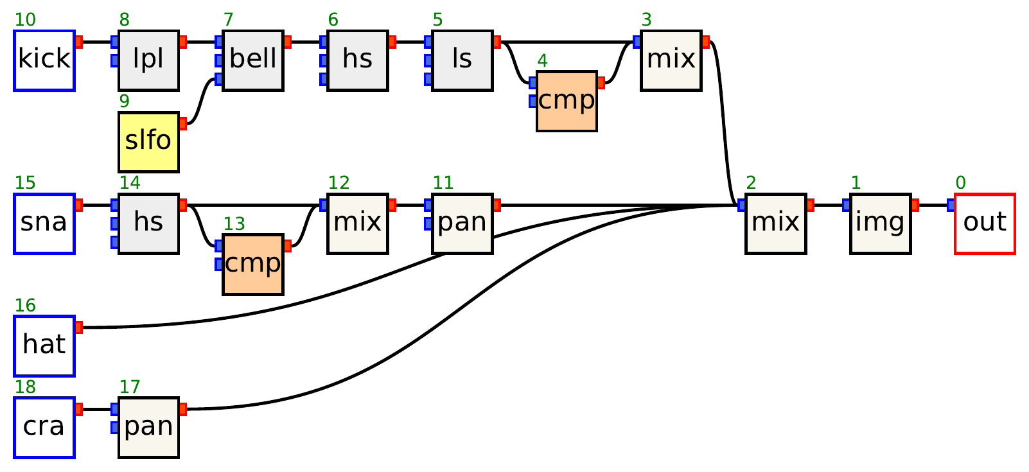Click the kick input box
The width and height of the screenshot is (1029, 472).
coord(44,60)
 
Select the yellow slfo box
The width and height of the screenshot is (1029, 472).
coord(148,142)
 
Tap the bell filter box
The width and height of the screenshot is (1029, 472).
coord(253,60)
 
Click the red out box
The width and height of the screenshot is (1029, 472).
coord(985,223)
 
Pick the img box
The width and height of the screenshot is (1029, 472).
coord(880,223)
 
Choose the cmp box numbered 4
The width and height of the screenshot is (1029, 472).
coord(567,101)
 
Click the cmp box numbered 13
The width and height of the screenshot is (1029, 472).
coord(253,265)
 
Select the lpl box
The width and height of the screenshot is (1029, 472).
coord(148,60)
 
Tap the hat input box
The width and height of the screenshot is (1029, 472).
coord(44,346)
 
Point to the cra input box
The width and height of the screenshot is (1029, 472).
coord(44,428)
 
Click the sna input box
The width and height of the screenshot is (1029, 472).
coord(44,223)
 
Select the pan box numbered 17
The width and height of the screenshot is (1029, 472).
coord(148,428)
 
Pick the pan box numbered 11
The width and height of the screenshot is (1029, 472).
coord(462,223)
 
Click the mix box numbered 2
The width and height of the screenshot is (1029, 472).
coord(775,223)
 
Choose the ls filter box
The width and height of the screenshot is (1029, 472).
coord(462,60)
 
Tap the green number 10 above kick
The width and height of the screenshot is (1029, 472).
coord(25,20)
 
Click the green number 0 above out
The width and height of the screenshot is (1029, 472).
coord(960,183)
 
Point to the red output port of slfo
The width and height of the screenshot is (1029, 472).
coord(183,123)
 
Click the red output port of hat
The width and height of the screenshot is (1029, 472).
coord(79,328)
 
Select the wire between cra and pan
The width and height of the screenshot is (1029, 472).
coord(96,409)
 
